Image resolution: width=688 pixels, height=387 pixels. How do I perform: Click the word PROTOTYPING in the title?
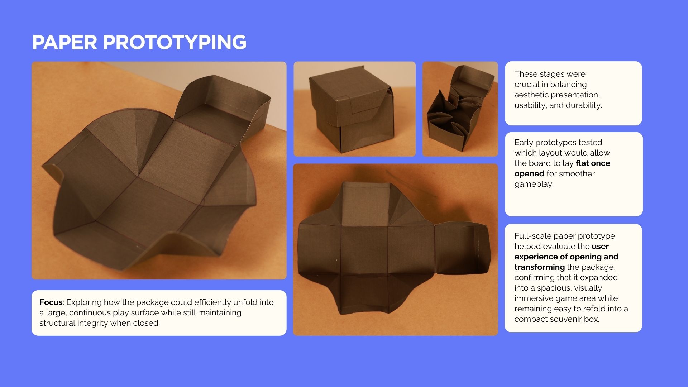click(175, 42)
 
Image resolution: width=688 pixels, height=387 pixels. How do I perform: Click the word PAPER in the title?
click(64, 42)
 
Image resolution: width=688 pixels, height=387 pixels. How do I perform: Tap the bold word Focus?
click(51, 302)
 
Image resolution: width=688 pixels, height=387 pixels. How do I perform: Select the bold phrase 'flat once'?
click(593, 163)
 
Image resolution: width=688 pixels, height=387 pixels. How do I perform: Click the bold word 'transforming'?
click(540, 267)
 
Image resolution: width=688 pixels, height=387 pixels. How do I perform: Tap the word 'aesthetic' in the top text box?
click(529, 95)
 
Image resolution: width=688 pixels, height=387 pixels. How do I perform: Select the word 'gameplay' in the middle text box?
click(534, 184)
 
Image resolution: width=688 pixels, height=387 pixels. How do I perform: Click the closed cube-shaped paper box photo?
click(354, 109)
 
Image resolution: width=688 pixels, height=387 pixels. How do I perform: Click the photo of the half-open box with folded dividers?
click(460, 109)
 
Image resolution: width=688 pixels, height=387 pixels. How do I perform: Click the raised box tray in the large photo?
click(222, 106)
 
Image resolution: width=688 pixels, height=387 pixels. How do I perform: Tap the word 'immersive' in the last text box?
click(532, 298)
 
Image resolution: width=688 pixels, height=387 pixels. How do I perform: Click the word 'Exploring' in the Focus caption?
click(84, 302)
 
